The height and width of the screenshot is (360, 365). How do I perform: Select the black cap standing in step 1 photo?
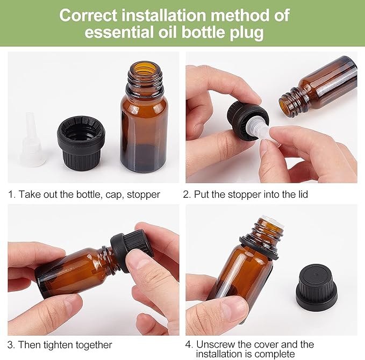coord(81,141)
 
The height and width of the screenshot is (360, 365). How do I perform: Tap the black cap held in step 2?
coord(241,120)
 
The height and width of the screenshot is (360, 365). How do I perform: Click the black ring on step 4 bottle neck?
coord(259,247)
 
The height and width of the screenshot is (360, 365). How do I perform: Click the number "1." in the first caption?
coord(11,195)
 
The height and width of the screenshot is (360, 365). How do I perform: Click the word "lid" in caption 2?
coord(301,195)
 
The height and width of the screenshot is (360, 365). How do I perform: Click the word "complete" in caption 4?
coord(276,354)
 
